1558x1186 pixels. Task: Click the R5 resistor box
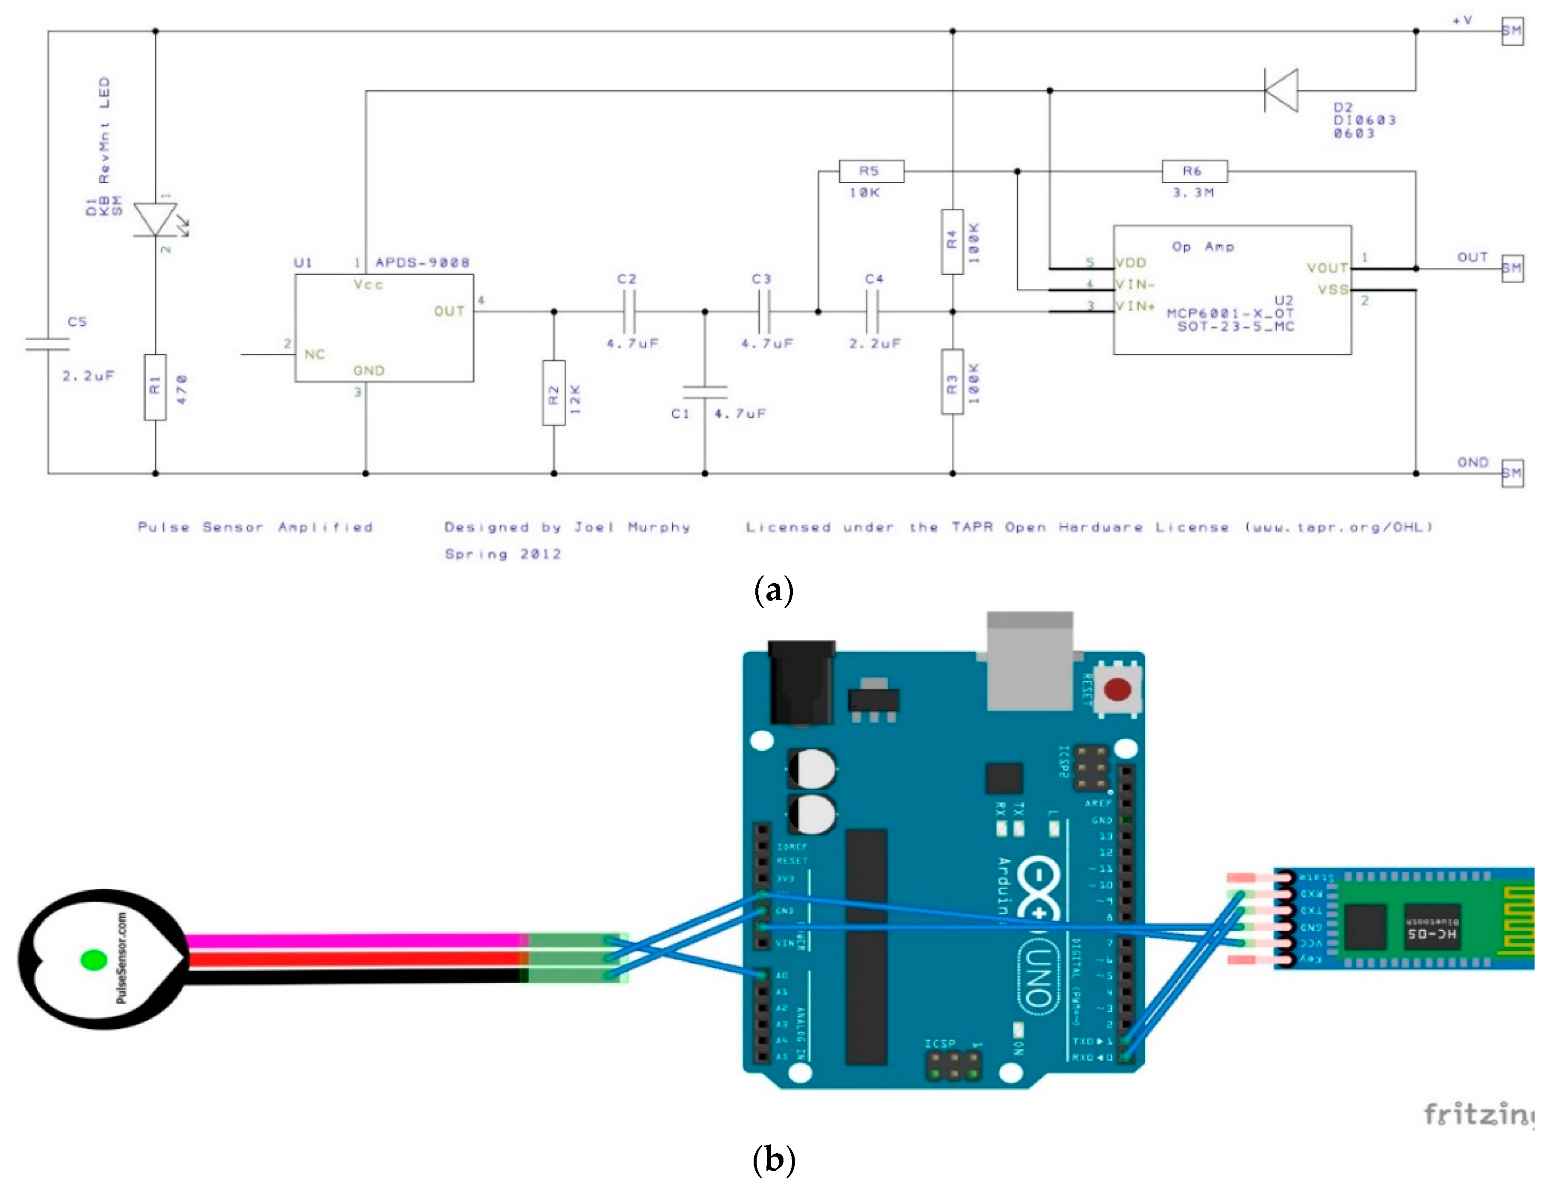pos(871,172)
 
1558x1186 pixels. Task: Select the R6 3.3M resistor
pos(1195,172)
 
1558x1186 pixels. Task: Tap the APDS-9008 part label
pos(422,262)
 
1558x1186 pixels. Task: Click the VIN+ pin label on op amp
pos(1135,306)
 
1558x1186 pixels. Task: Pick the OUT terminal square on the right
pos(1512,268)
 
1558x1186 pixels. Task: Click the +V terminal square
pos(1512,31)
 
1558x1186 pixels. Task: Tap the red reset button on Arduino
pos(1117,689)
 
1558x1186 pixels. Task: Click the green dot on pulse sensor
pos(94,960)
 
